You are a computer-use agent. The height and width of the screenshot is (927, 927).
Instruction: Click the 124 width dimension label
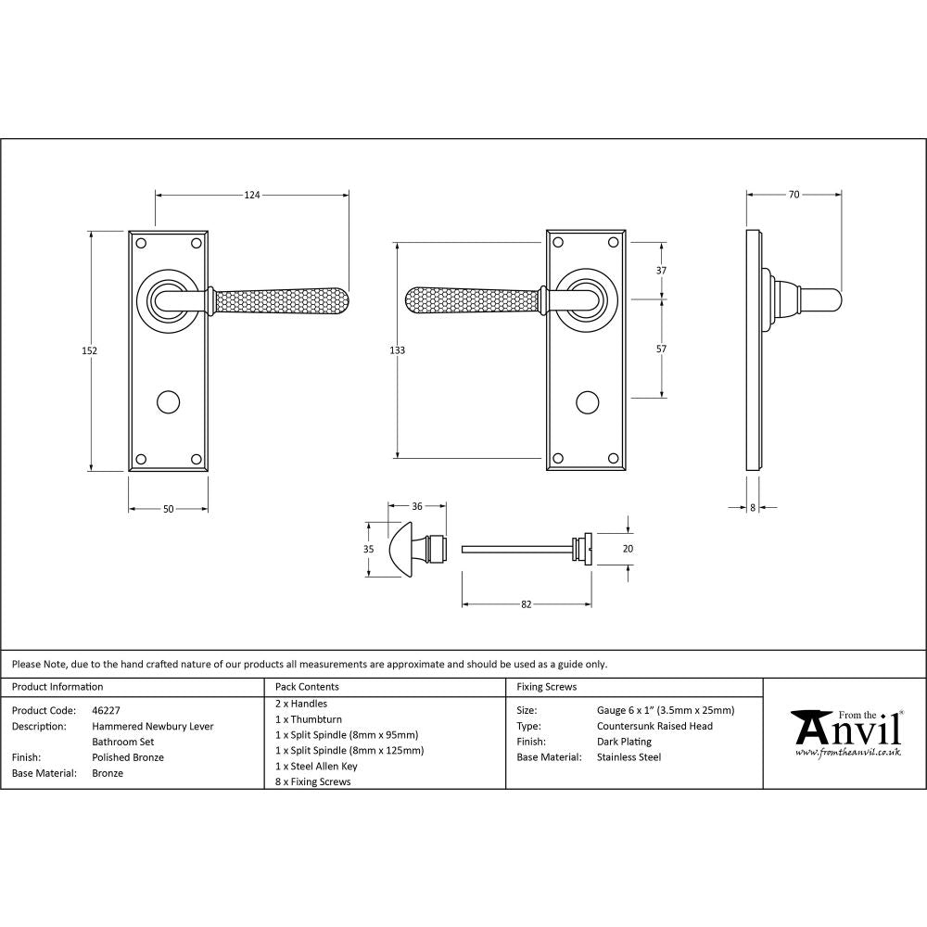point(252,195)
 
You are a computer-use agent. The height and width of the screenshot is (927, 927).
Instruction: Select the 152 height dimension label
point(90,350)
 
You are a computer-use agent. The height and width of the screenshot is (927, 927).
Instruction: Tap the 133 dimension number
point(397,350)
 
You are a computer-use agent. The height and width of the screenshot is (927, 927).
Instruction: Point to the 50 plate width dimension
point(169,509)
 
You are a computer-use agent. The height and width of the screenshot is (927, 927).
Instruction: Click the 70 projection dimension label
point(794,195)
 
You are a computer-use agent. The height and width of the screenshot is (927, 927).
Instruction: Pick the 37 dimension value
point(661,271)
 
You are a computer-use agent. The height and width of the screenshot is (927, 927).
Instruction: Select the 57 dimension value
point(661,349)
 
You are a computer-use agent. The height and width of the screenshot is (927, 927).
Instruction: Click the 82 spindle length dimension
point(527,604)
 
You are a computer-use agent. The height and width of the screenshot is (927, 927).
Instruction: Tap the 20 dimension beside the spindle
point(628,549)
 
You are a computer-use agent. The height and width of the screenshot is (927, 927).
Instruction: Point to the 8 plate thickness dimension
point(752,508)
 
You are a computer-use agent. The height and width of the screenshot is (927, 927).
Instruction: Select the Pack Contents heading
point(307,687)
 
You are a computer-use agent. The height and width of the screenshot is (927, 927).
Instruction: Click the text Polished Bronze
point(128,757)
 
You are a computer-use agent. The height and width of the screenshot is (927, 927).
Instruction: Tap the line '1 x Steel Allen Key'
point(316,766)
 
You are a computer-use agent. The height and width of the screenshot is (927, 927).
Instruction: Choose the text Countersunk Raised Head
point(654,726)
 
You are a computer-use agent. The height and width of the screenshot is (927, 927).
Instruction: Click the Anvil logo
point(846,732)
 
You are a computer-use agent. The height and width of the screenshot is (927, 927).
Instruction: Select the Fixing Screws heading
point(546,687)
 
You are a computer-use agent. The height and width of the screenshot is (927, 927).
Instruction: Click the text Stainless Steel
point(629,757)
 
